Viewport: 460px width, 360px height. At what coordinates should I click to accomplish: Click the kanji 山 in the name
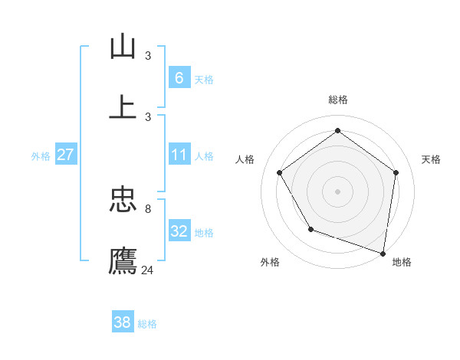pyautogui.click(x=123, y=47)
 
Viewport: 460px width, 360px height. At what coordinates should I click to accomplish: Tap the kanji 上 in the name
pyautogui.click(x=123, y=106)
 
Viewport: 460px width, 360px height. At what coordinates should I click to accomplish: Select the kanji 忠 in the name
pyautogui.click(x=123, y=200)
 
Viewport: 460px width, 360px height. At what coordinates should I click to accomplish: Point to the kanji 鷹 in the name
pyautogui.click(x=123, y=260)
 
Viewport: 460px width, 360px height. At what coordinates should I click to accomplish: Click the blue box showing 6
pyautogui.click(x=179, y=77)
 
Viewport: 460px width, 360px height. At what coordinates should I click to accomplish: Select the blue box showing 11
pyautogui.click(x=179, y=155)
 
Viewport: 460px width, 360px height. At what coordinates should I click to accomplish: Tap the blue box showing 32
pyautogui.click(x=179, y=231)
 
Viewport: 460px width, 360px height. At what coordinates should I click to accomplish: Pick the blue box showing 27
pyautogui.click(x=65, y=155)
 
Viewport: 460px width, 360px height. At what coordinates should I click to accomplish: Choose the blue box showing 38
pyautogui.click(x=123, y=322)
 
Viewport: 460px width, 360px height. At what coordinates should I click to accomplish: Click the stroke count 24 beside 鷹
pyautogui.click(x=148, y=270)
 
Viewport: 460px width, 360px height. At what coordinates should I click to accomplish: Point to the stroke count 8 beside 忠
pyautogui.click(x=148, y=208)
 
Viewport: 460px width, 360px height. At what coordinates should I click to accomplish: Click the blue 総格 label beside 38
pyautogui.click(x=147, y=324)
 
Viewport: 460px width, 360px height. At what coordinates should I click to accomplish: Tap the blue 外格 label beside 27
pyautogui.click(x=41, y=156)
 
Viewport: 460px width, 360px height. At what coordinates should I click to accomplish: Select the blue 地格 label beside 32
pyautogui.click(x=204, y=233)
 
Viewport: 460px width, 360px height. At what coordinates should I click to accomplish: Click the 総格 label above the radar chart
pyautogui.click(x=338, y=100)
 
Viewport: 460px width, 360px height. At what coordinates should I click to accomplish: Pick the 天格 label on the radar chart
pyautogui.click(x=431, y=159)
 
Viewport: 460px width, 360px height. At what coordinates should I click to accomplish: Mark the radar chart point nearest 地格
pyautogui.click(x=383, y=252)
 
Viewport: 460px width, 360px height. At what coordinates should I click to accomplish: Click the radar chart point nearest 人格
pyautogui.click(x=280, y=172)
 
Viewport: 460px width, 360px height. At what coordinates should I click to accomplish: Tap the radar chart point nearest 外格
pyautogui.click(x=310, y=229)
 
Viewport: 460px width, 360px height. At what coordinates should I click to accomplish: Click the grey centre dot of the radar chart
pyautogui.click(x=338, y=191)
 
